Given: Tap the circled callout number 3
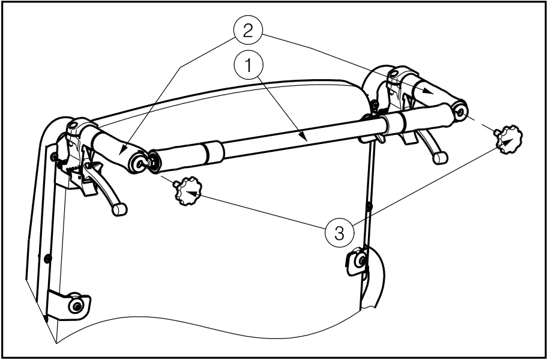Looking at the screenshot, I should [x=339, y=232].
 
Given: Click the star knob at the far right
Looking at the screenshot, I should [x=508, y=139].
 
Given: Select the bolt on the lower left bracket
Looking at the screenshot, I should [x=75, y=305].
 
